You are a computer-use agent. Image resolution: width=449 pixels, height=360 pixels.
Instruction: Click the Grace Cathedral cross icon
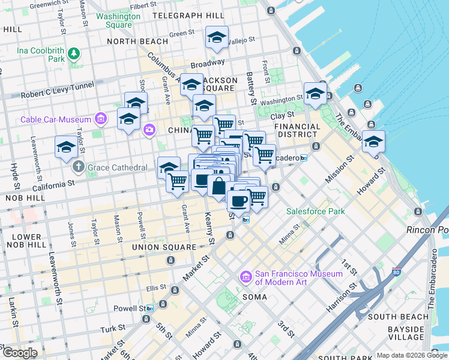coord(79,166)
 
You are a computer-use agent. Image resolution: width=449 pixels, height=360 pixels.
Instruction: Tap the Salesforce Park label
coord(315,211)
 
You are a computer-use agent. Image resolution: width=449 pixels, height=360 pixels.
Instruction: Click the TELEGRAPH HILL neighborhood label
coord(187,15)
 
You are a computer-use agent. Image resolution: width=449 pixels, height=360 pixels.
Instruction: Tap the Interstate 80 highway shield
coord(396,272)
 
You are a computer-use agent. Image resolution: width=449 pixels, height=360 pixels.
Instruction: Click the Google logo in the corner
coord(20,353)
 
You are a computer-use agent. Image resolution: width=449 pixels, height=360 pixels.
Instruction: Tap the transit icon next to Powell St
coord(149,308)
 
